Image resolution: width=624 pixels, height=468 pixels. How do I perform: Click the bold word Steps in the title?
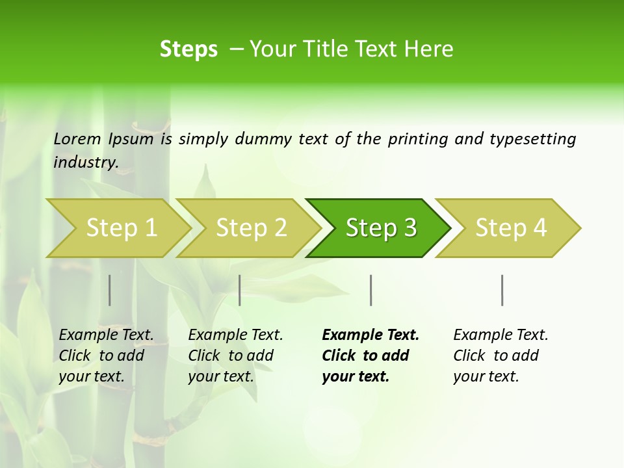188,49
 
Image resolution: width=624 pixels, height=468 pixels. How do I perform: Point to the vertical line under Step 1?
110,290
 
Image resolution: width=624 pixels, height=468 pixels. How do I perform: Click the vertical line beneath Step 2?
240,290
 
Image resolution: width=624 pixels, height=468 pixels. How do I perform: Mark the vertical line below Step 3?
371,290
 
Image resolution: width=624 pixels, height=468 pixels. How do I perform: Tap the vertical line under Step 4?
502,290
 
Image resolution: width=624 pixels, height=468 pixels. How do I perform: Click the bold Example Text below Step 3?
370,335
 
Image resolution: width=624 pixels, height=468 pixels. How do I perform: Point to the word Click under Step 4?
469,356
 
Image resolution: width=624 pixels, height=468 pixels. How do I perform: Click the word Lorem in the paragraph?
77,139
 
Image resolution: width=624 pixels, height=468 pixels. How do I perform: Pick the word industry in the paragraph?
85,162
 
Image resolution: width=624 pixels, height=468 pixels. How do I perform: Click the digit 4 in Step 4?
539,227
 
